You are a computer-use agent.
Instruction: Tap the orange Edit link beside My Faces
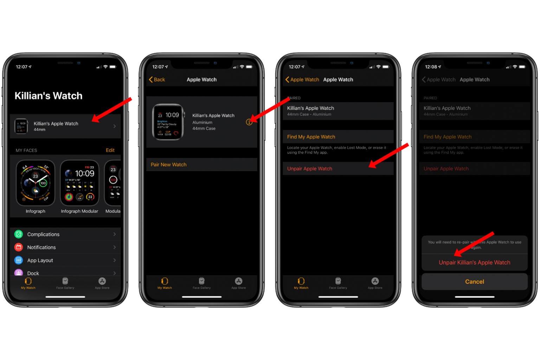click(110, 150)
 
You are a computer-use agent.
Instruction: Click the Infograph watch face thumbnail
click(36, 183)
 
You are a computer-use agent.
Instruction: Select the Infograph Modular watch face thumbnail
click(79, 183)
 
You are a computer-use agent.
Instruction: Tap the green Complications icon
click(19, 234)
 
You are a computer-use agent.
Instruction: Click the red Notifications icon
click(19, 247)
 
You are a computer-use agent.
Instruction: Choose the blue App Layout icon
click(19, 260)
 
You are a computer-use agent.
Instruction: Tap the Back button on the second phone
click(157, 79)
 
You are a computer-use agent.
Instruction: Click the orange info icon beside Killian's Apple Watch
click(249, 122)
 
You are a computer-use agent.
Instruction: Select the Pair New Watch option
click(169, 165)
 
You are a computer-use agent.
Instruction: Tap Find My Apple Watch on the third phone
click(311, 137)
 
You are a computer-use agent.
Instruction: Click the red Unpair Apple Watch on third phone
click(310, 169)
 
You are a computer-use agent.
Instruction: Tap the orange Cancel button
click(475, 282)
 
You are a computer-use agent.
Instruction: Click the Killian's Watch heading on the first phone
click(49, 96)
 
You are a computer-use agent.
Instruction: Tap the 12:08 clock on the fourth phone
click(431, 67)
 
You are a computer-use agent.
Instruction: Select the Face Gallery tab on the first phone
click(65, 283)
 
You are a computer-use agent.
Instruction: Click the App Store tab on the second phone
click(238, 283)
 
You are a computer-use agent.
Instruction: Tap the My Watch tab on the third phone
click(301, 283)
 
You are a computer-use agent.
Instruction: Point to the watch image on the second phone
click(168, 122)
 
